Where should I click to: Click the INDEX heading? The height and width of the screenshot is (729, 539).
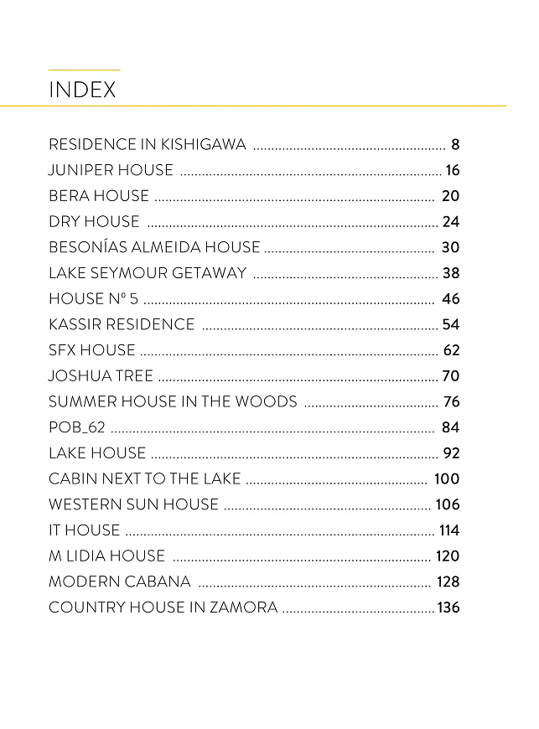click(x=82, y=90)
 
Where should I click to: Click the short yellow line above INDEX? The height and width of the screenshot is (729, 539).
click(x=84, y=70)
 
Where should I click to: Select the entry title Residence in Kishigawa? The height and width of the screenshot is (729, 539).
click(x=148, y=145)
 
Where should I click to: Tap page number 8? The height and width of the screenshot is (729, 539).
click(x=455, y=145)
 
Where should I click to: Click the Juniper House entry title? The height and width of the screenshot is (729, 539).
click(x=111, y=171)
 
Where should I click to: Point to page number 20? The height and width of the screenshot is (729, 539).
click(x=451, y=197)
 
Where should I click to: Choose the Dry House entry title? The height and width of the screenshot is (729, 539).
click(x=94, y=222)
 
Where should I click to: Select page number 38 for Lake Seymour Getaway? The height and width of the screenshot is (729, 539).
click(x=451, y=273)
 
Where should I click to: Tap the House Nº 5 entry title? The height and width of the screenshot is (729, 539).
click(x=93, y=299)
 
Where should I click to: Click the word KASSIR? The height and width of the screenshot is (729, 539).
click(x=74, y=325)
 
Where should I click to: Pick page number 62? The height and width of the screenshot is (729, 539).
click(x=451, y=350)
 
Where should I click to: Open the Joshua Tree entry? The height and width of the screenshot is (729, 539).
click(x=101, y=376)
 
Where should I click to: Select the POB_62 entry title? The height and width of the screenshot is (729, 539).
click(x=77, y=428)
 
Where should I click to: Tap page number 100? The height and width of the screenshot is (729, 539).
click(x=447, y=479)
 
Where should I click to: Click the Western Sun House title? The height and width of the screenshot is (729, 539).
click(x=133, y=505)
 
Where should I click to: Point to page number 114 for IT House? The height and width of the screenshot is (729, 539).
click(x=449, y=530)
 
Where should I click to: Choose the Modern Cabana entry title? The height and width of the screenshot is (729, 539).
click(x=120, y=582)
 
